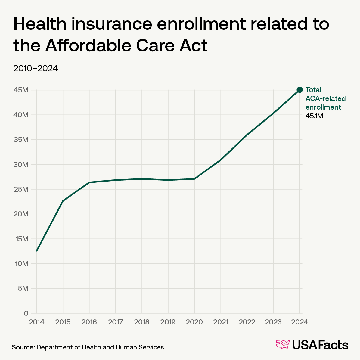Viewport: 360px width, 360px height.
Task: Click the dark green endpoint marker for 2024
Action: pos(299,90)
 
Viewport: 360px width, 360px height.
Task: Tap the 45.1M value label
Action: pos(314,116)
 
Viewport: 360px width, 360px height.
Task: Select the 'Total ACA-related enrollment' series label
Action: pos(325,98)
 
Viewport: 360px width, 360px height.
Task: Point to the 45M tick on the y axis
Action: pos(21,90)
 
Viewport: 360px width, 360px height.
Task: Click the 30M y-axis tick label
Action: pos(21,165)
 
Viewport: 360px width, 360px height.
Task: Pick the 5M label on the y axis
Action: pos(23,288)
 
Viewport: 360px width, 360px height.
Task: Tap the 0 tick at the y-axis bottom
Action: pos(26,313)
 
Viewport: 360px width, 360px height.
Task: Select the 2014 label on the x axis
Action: pos(36,322)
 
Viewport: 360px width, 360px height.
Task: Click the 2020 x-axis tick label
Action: pos(194,322)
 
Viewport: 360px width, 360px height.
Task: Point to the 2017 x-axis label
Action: pos(115,322)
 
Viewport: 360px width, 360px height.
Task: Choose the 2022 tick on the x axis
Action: pos(247,322)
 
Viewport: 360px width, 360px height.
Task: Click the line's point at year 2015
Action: pos(63,201)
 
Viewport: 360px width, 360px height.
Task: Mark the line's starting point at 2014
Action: pos(37,250)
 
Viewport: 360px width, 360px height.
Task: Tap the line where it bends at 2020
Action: pos(194,179)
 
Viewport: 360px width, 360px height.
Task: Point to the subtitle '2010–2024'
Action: pos(36,69)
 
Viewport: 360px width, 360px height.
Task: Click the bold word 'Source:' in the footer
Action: pos(23,347)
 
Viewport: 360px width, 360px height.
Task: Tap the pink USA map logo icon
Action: pos(283,345)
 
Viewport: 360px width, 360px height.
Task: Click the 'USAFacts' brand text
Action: pos(320,345)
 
